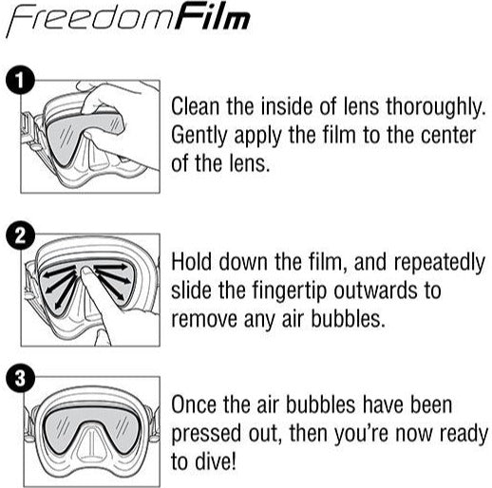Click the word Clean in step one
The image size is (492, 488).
click(x=198, y=105)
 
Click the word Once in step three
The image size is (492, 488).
click(x=196, y=406)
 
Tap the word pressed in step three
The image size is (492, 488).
click(x=207, y=437)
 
